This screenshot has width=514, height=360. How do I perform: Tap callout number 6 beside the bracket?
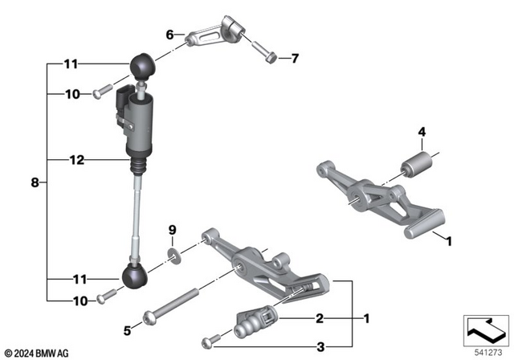[x=169, y=35]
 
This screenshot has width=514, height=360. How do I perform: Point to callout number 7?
[x=294, y=58]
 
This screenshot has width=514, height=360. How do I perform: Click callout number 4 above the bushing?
[x=420, y=133]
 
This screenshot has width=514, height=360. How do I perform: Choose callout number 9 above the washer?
[x=171, y=232]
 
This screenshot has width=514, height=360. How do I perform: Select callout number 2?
[x=319, y=319]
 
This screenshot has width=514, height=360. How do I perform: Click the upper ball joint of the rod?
[x=141, y=64]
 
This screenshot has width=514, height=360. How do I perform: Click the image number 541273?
[x=484, y=351]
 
